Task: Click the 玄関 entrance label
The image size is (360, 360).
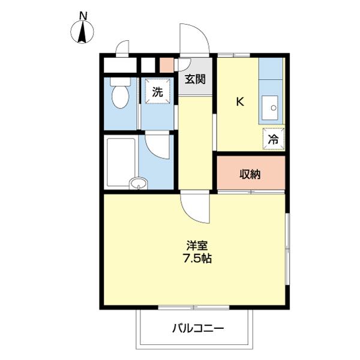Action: point(194,79)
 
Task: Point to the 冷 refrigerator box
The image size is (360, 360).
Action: point(273,139)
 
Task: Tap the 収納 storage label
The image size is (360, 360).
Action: point(250,175)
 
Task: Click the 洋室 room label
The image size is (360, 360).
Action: point(196,245)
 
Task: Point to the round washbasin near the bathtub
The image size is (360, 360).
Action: point(139,183)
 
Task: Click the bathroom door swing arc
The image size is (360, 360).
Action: point(157,146)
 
